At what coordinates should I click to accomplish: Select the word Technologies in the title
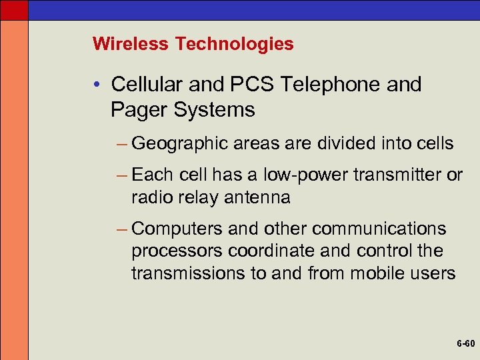tap(234, 44)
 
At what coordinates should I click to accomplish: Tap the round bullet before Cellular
tap(97, 85)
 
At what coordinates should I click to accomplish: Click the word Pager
tap(138, 109)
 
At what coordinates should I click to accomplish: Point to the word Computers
tap(178, 229)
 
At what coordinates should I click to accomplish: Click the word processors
tap(177, 251)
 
